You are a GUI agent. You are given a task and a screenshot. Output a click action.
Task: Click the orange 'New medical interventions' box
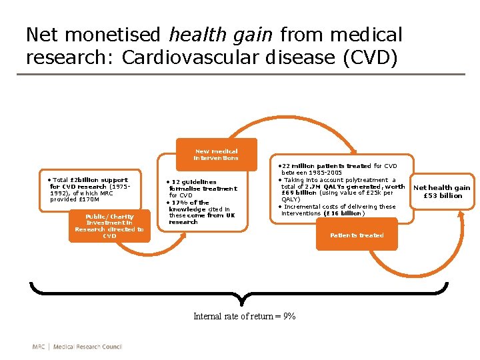point(216,155)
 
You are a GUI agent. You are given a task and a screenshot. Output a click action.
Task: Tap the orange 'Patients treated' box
point(357,235)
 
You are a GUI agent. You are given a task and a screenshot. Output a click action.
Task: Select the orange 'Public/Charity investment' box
point(109,226)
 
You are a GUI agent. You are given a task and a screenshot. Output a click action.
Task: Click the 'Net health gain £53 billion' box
point(442,191)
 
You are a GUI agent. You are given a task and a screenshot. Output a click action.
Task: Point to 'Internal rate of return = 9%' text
point(245,316)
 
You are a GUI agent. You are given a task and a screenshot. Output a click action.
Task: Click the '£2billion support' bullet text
point(91,180)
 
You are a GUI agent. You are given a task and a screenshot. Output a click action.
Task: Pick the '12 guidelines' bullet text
point(193,182)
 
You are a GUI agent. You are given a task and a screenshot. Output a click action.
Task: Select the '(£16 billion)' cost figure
point(345,213)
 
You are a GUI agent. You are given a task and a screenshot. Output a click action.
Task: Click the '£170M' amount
point(87,199)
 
